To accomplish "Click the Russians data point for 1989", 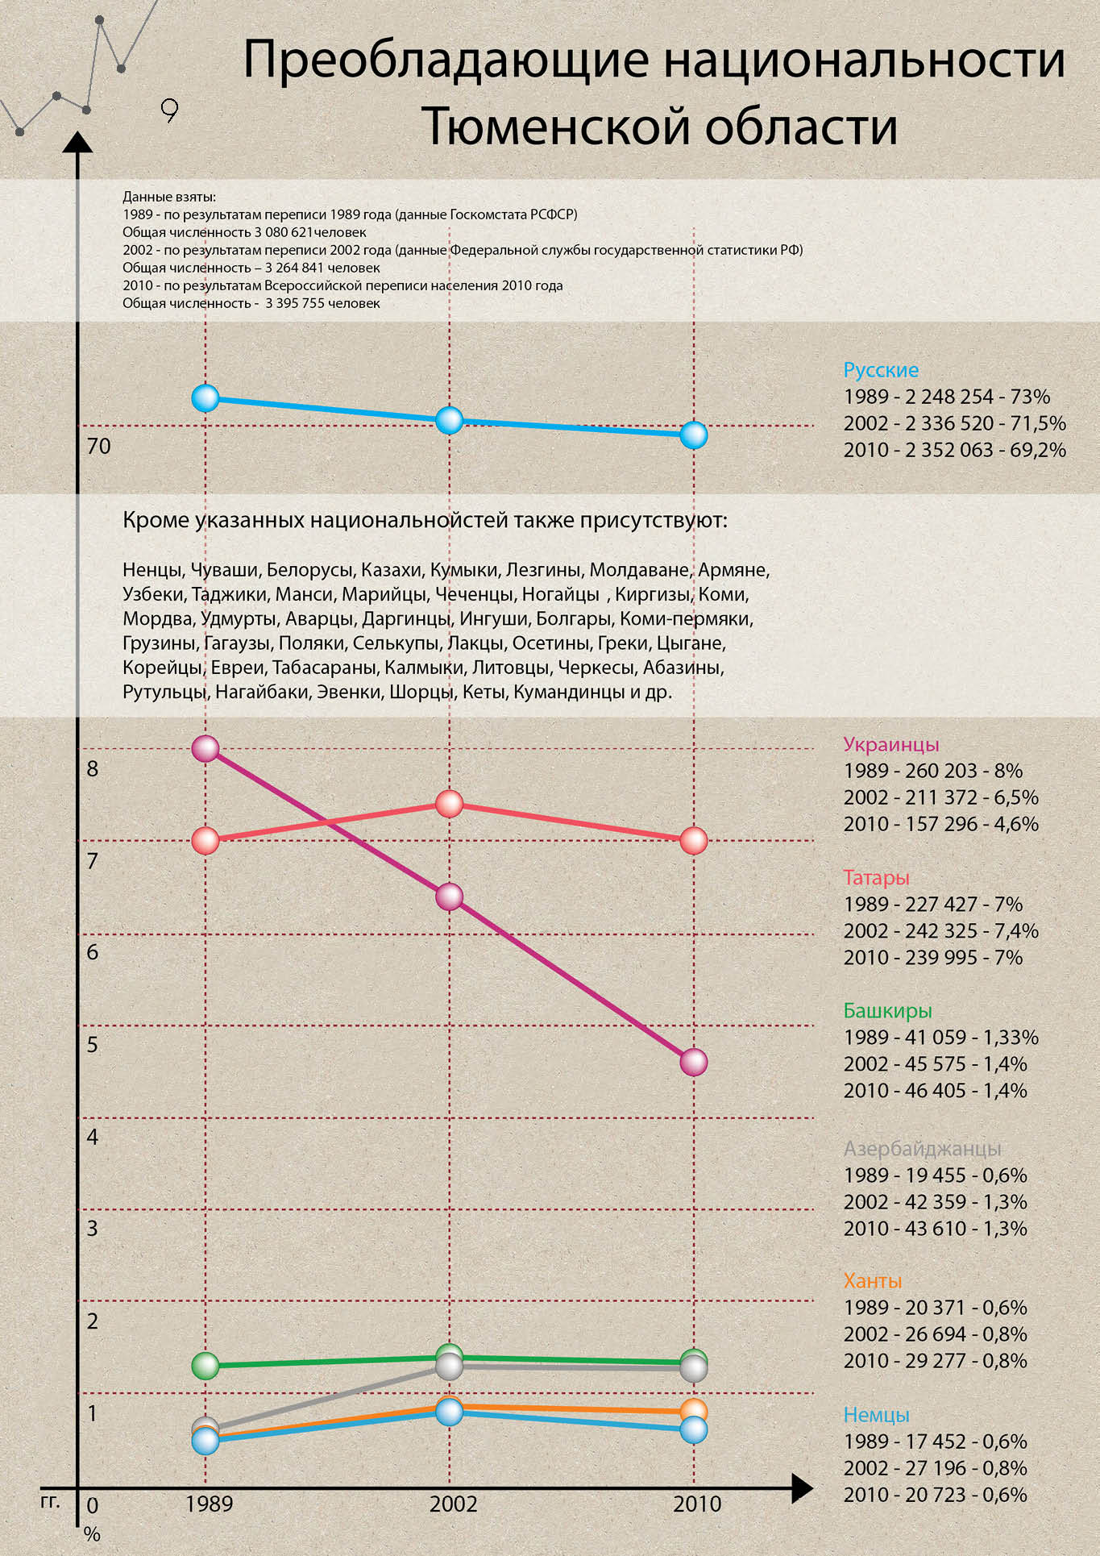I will (205, 397).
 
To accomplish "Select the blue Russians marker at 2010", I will (693, 435).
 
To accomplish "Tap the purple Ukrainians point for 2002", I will (449, 897).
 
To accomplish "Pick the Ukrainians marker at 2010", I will (693, 1062).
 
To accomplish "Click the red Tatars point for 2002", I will (449, 804).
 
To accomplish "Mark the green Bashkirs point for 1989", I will (205, 1365).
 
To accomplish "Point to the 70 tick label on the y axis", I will (98, 446).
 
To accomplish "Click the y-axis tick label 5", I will (93, 1045).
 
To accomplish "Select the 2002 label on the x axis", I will (453, 1504).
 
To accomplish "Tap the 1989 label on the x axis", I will (209, 1504).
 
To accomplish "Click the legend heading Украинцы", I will (890, 744).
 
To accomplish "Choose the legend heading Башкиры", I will (887, 1010).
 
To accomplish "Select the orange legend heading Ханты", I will (872, 1280).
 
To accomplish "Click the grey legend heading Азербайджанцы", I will (922, 1148).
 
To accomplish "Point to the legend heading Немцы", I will (876, 1414).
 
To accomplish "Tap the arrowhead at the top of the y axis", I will (77, 143).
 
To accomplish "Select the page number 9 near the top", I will (169, 110).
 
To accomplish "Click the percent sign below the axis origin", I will (92, 1533).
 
